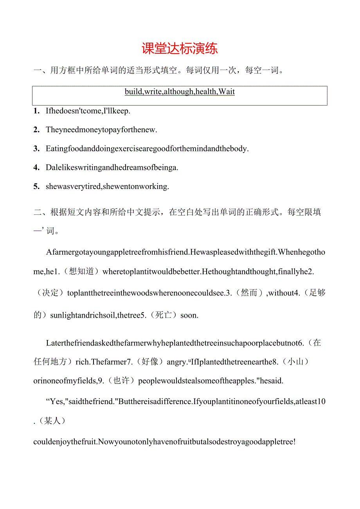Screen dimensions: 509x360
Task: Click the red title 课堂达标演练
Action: point(180,49)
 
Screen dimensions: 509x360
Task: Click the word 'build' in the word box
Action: point(133,92)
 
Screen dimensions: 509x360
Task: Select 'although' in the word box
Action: point(178,92)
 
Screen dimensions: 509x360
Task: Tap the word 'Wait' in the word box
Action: point(227,92)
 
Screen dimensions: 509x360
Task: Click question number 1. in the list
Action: point(36,111)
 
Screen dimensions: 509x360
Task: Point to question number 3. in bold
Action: point(36,149)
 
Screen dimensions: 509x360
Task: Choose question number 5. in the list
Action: point(36,187)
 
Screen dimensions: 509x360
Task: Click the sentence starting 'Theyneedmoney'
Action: point(101,130)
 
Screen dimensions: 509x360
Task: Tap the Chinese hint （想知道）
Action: point(81,272)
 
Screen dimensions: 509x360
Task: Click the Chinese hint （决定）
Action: point(50,293)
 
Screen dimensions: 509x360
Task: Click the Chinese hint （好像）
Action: point(149,362)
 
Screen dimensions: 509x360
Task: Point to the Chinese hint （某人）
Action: point(52,421)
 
